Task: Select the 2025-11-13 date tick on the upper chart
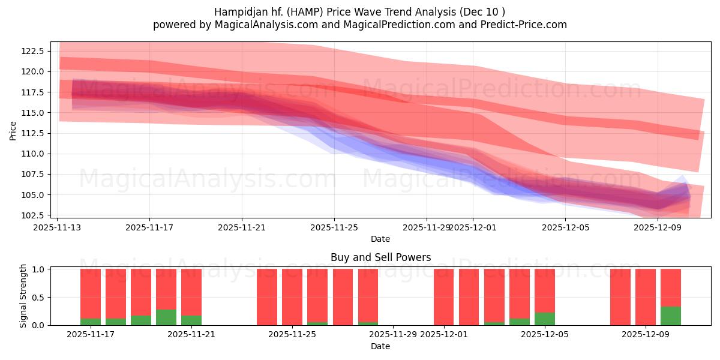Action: pyautogui.click(x=58, y=227)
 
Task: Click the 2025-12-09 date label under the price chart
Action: pyautogui.click(x=658, y=227)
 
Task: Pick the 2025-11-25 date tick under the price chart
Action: pyautogui.click(x=334, y=227)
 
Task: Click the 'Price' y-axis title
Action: pyautogui.click(x=13, y=130)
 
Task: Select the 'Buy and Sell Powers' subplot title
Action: pyautogui.click(x=380, y=257)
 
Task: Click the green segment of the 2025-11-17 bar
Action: pyautogui.click(x=91, y=322)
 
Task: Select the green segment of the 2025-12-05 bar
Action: pyautogui.click(x=545, y=319)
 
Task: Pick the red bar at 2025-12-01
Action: pyautogui.click(x=444, y=297)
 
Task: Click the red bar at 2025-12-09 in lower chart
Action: pyautogui.click(x=646, y=297)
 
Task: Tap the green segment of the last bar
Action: pyautogui.click(x=671, y=316)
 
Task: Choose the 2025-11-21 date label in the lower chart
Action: pyautogui.click(x=191, y=335)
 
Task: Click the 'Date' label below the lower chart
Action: pyautogui.click(x=380, y=346)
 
